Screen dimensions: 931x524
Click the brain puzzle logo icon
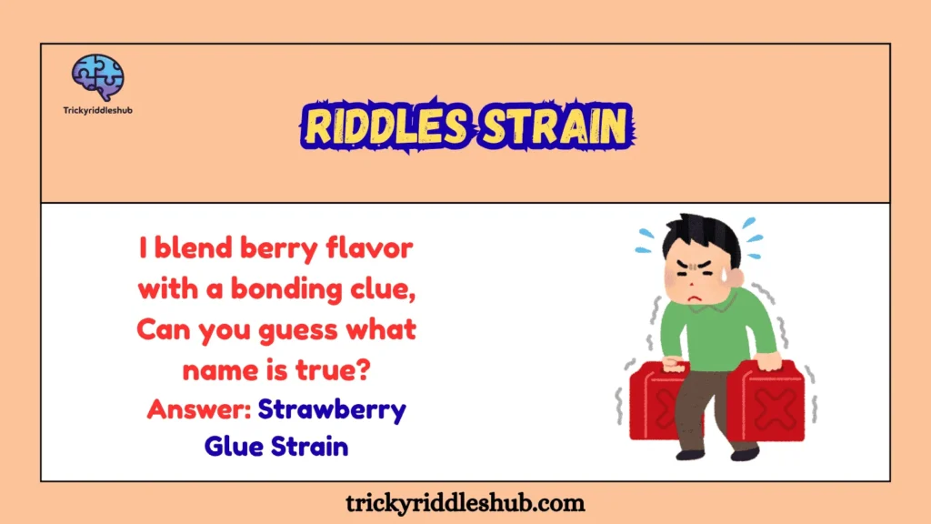(x=98, y=77)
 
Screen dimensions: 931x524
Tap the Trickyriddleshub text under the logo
(x=98, y=110)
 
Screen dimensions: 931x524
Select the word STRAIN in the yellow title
(x=555, y=126)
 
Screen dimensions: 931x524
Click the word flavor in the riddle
(x=369, y=247)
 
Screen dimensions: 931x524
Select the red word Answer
(x=199, y=409)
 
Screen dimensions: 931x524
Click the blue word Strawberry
(x=332, y=410)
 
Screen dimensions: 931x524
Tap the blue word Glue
(x=234, y=446)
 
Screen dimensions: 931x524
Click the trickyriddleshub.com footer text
(x=465, y=503)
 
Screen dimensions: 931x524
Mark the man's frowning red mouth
(x=695, y=297)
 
